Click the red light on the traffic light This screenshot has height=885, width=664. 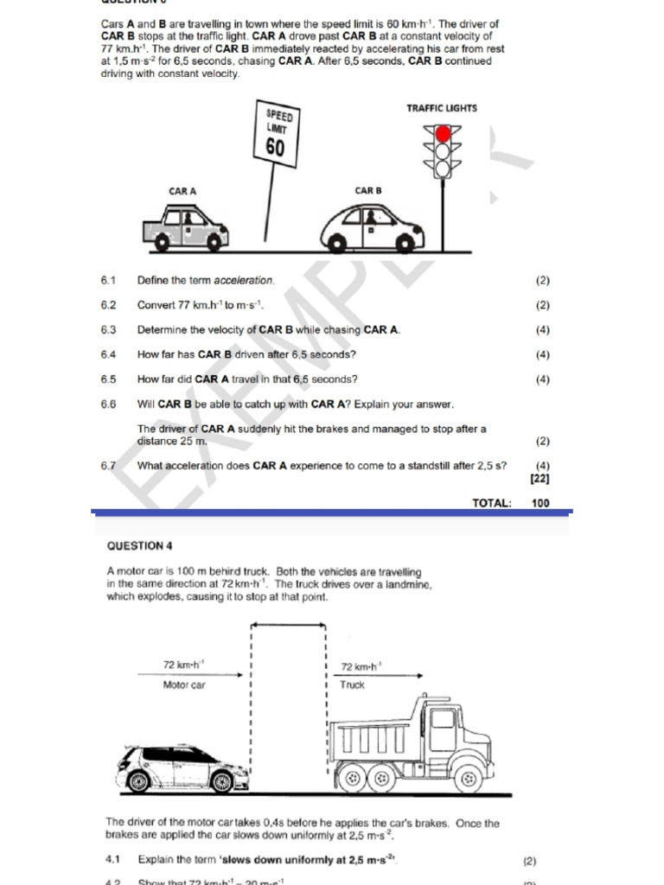tap(443, 134)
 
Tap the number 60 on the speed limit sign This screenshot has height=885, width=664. tap(275, 148)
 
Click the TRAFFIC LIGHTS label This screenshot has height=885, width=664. tap(441, 108)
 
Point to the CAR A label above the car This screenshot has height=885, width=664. tap(182, 191)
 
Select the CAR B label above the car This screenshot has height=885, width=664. tap(367, 190)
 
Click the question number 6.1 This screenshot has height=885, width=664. tap(108, 281)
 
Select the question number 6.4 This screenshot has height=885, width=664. tap(108, 354)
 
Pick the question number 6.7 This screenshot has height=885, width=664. tap(108, 466)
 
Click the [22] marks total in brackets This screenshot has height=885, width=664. tap(539, 478)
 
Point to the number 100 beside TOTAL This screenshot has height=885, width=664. tap(540, 503)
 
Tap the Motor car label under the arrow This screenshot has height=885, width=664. tap(184, 685)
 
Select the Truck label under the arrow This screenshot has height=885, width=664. tap(352, 685)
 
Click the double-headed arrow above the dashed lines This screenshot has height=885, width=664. tap(288, 624)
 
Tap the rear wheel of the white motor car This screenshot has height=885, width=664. tap(138, 782)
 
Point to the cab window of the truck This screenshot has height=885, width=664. tap(443, 718)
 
